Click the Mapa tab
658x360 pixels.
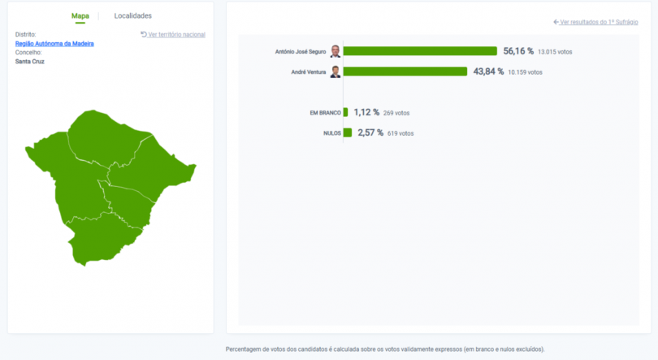(80, 16)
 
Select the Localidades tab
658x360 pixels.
(132, 16)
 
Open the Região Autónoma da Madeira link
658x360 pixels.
(54, 43)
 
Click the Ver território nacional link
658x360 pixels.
(173, 34)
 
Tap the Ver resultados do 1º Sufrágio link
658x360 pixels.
(595, 22)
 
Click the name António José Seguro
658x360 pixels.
(301, 51)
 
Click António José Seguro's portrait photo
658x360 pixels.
(335, 51)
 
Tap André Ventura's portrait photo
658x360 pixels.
(335, 72)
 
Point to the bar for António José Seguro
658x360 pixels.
(420, 51)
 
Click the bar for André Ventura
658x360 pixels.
(405, 72)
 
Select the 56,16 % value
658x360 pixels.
(518, 51)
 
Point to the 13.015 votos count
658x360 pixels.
(555, 52)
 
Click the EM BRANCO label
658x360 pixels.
(325, 113)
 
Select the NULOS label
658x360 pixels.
(331, 133)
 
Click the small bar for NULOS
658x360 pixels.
(347, 132)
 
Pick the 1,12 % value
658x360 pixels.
(366, 112)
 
